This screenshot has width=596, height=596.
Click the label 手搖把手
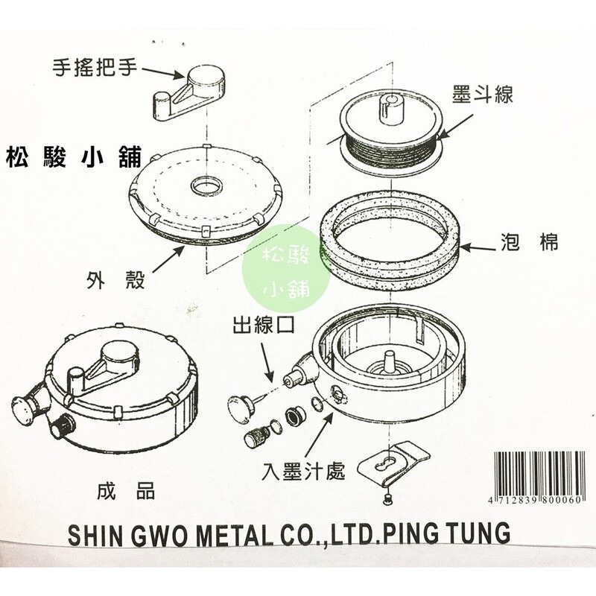coord(94,66)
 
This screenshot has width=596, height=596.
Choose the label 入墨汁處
coord(303,471)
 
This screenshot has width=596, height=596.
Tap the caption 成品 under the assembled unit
coord(126,490)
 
